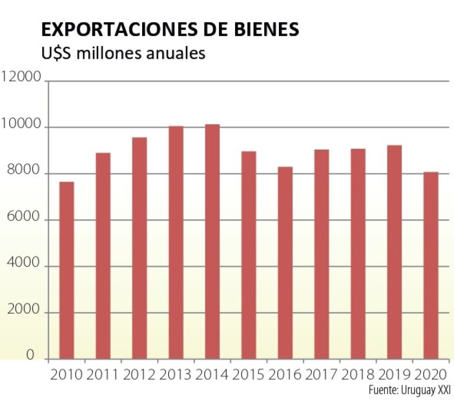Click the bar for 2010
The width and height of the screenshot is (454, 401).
point(66,270)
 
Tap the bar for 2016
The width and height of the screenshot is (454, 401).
point(285,263)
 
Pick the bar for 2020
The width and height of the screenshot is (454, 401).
point(431,266)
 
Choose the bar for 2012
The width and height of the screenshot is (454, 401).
point(139,248)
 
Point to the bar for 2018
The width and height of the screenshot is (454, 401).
point(358,254)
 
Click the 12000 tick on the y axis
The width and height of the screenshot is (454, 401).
point(22,78)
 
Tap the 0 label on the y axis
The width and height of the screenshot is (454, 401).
point(30,356)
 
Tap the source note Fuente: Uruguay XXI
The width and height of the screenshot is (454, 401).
point(409,390)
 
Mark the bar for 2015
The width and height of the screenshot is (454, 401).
point(249,255)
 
